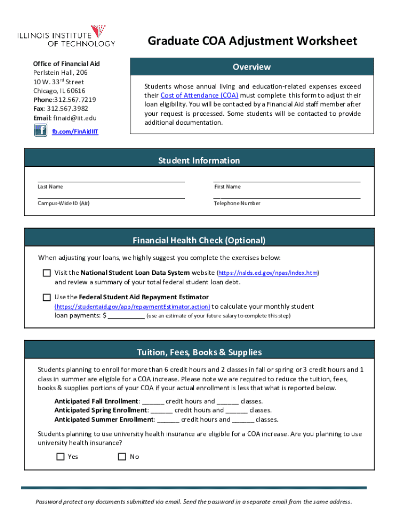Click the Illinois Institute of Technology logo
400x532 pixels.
[65, 36]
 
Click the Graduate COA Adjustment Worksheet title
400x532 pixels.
[252, 41]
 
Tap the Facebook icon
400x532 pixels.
[41, 130]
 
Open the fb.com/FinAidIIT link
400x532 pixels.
[75, 131]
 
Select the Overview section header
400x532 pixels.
[251, 67]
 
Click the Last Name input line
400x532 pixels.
[111, 180]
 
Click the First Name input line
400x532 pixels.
[287, 180]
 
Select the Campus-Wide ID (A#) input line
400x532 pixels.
[111, 197]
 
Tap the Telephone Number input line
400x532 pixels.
[287, 197]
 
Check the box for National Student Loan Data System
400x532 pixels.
[47, 273]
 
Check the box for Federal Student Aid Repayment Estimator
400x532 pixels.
[47, 297]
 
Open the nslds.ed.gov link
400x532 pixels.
[268, 273]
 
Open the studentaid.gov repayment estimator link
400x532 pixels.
[132, 307]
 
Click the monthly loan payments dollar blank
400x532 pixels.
[126, 315]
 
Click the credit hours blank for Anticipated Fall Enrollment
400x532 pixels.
[153, 402]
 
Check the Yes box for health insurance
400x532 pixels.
[60, 457]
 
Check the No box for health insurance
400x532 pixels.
[122, 457]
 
